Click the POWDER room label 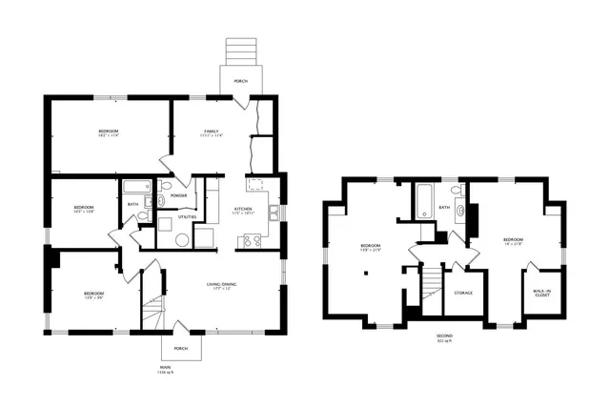pos(178,195)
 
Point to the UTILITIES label pos(187,217)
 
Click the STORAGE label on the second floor pos(463,293)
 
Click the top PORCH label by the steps pos(240,81)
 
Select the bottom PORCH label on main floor pos(181,348)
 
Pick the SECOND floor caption pos(443,336)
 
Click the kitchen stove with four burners pos(254,240)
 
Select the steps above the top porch pos(239,51)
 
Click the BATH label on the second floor pos(444,207)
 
